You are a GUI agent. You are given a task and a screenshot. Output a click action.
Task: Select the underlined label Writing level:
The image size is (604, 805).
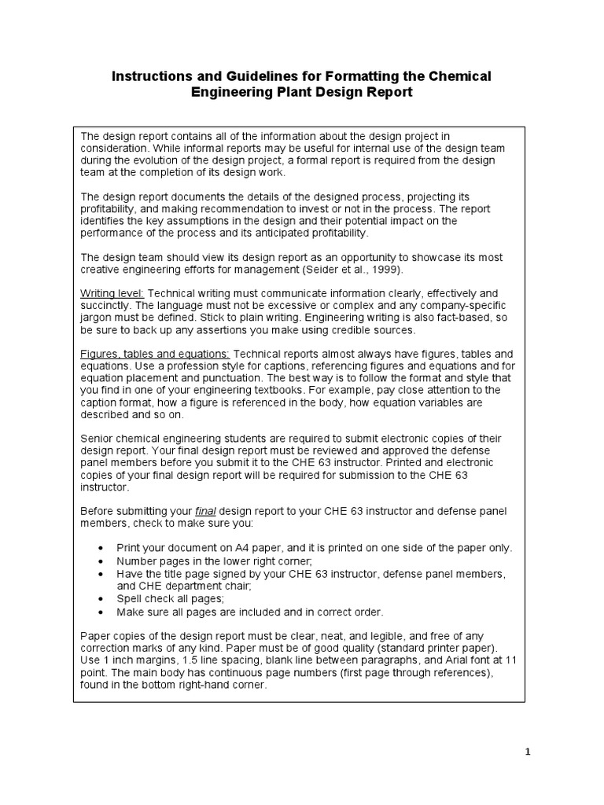coord(110,292)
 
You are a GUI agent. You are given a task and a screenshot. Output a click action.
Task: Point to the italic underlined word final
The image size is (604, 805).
coord(204,512)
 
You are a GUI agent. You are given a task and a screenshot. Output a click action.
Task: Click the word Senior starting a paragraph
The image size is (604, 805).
coord(99,438)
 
